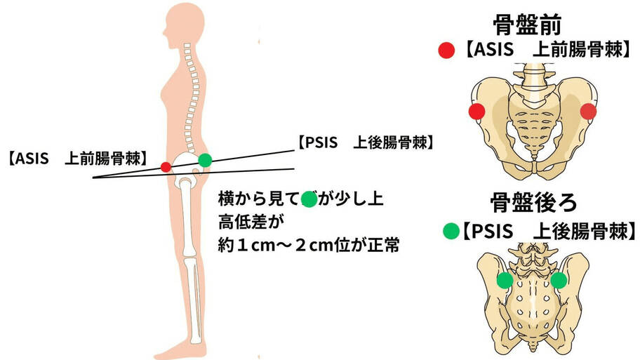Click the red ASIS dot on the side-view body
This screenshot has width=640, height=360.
pos(165,167)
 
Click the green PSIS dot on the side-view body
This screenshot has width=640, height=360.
pos(205,160)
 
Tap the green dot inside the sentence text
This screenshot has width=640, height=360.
pos(309,199)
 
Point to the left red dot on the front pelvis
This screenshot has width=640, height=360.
pos(477,111)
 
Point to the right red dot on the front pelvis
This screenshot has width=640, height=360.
pos(588,111)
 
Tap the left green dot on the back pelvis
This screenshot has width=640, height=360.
pos(504,281)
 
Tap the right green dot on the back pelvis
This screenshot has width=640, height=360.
pos(559,281)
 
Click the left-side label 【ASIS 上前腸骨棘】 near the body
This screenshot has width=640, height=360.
pos(76,158)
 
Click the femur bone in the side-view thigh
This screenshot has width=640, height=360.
pos(186,218)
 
